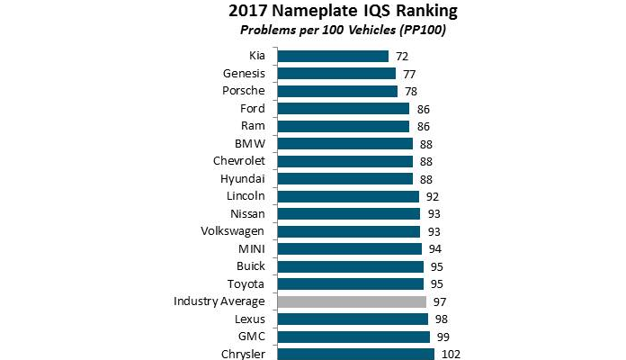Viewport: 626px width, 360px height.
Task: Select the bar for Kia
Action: click(x=334, y=56)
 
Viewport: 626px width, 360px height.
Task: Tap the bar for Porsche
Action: click(x=337, y=91)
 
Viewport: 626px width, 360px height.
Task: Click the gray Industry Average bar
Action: click(x=351, y=301)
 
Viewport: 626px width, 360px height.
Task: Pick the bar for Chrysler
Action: click(x=356, y=354)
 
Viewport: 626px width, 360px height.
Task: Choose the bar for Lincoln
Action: click(x=348, y=196)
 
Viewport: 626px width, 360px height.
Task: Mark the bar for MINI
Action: click(x=350, y=248)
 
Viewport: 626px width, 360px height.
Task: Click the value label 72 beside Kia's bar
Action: click(x=401, y=57)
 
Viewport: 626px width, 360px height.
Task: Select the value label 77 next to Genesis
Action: click(x=410, y=74)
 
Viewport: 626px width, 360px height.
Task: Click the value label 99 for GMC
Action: click(x=443, y=337)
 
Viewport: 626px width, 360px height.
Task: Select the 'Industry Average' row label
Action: click(x=219, y=301)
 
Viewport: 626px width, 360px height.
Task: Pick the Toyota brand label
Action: click(x=246, y=283)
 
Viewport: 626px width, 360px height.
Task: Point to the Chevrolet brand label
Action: click(x=238, y=161)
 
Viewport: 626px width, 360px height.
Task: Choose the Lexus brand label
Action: click(x=248, y=319)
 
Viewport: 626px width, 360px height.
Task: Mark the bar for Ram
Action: click(x=344, y=126)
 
